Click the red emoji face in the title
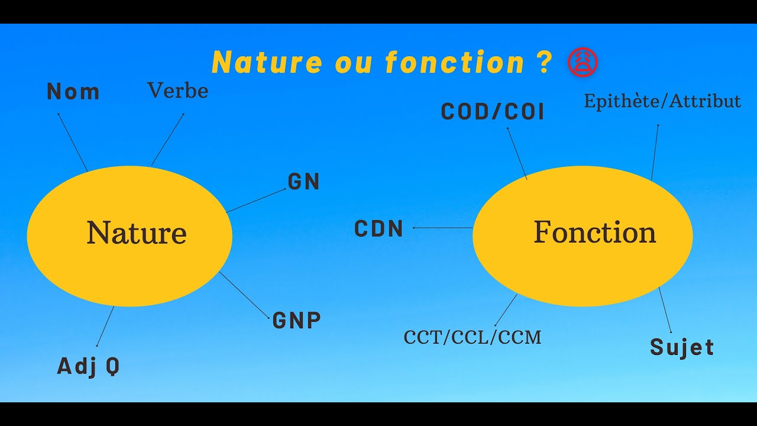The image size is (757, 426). coord(583,62)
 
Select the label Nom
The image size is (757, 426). coord(73,92)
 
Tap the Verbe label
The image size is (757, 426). coord(177,91)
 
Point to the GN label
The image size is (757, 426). coord(304,182)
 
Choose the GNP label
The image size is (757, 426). coord(297,320)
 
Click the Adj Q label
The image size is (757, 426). coord(89,366)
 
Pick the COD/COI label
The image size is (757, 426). coord(493,112)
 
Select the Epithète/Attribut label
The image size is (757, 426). coord(662,101)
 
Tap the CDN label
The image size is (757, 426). coord(379,229)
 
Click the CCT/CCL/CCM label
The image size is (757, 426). coord(473,337)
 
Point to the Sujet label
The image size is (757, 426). coord(682,347)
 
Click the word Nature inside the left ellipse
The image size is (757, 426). coord(137,233)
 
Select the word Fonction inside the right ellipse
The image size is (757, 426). coord(595,232)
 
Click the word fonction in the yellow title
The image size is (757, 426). coord(455,62)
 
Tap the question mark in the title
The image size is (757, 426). coord(546,62)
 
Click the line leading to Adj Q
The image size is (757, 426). coord(105,326)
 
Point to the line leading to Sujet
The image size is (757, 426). coord(665,310)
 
